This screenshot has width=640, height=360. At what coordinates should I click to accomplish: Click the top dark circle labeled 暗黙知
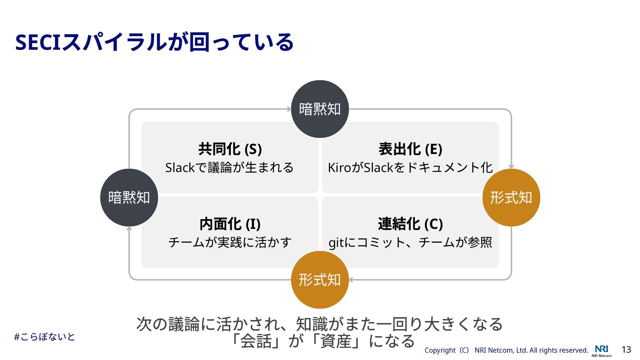coord(320,109)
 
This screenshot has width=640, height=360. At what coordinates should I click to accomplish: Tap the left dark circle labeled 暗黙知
coord(129,197)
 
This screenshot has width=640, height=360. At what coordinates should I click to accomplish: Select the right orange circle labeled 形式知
coord(511,197)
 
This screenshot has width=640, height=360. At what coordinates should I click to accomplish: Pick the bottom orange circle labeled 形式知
coord(320,280)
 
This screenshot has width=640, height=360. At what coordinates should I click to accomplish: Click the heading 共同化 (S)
coord(230,149)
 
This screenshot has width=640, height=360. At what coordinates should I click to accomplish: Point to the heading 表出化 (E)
coord(410,149)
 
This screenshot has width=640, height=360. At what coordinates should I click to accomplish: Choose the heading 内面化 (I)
coord(230,224)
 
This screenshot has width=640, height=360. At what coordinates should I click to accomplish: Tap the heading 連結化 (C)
coord(410,224)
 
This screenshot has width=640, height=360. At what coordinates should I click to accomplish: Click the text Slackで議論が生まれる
coord(229,167)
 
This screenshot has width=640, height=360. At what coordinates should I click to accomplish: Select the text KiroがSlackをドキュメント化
coord(410,167)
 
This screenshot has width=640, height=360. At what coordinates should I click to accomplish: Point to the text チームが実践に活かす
coord(230,242)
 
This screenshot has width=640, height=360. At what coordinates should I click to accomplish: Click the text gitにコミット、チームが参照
coord(410,242)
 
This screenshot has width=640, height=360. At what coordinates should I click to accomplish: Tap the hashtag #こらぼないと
coord(44,337)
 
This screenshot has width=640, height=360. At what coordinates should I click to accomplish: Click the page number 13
coord(626,350)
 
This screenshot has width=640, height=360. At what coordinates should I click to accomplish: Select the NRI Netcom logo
coord(602,350)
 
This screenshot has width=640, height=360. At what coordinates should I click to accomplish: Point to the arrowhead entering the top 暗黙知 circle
coord(289,109)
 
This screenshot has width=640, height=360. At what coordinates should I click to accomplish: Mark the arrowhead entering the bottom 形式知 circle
coord(351,280)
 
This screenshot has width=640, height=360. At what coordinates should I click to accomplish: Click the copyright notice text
coord(506,350)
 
